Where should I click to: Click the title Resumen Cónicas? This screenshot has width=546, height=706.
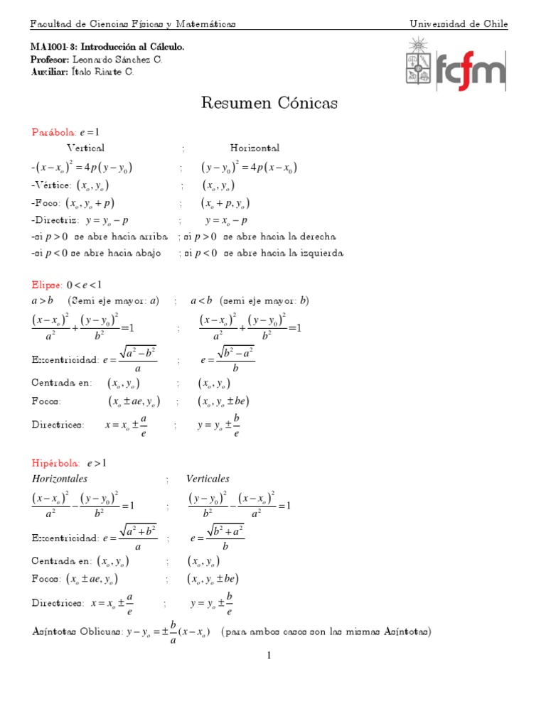coord(269,104)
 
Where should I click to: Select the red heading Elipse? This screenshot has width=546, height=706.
coord(46,284)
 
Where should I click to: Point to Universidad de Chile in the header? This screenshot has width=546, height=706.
coord(459,24)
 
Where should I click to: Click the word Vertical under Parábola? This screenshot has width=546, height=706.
coord(85,148)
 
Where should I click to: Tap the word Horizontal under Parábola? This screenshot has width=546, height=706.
coord(255,148)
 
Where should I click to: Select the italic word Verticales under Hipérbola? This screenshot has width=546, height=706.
coord(208,479)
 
